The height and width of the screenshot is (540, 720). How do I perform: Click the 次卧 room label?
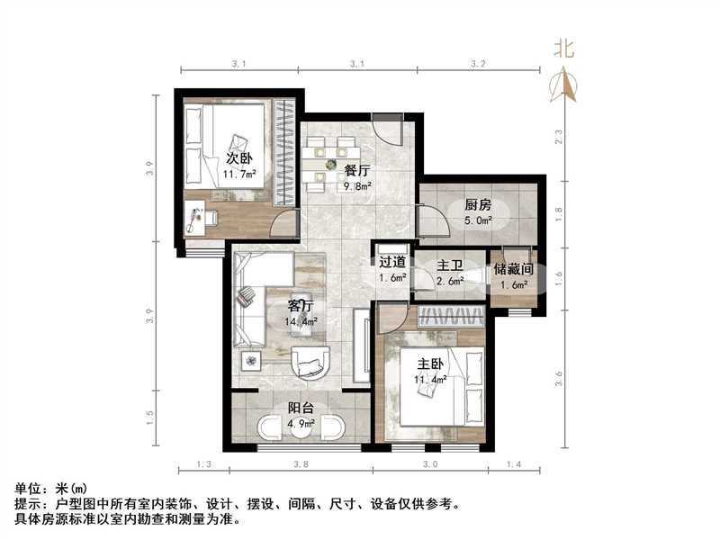pos(238,158)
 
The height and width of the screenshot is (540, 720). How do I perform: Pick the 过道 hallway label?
pos(392,263)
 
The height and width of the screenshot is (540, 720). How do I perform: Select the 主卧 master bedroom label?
pos(429,364)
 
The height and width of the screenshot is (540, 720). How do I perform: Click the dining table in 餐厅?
pos(330,165)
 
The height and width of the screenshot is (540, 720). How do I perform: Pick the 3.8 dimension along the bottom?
pos(301,464)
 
